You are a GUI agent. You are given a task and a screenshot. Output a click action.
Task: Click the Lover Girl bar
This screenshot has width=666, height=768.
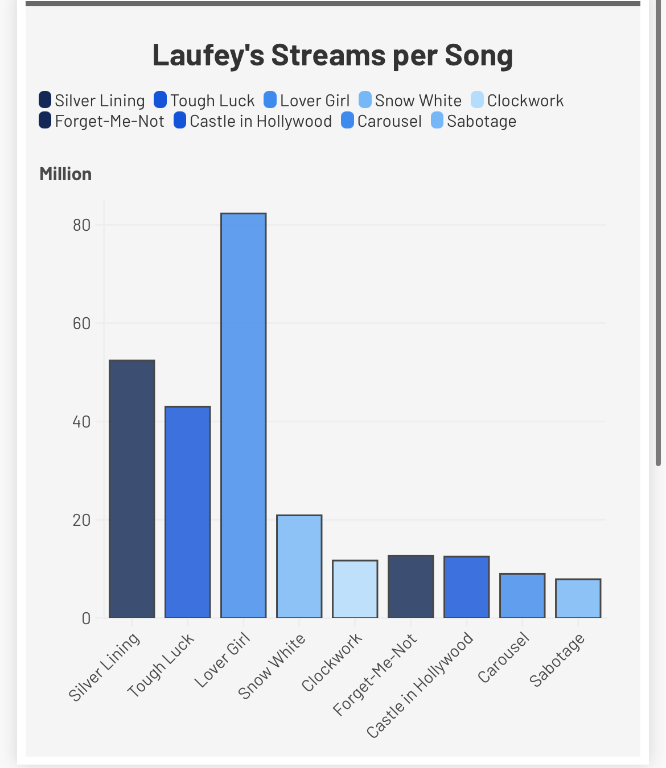pyautogui.click(x=243, y=416)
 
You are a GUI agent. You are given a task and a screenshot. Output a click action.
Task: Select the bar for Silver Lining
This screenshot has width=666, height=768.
pyautogui.click(x=131, y=489)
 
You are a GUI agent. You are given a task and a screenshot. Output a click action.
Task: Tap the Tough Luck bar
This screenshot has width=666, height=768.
pyautogui.click(x=187, y=512)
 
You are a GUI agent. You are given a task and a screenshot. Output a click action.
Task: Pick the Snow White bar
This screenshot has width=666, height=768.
pyautogui.click(x=299, y=566)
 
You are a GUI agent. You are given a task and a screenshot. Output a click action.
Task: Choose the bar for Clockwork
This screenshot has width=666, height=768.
pyautogui.click(x=355, y=589)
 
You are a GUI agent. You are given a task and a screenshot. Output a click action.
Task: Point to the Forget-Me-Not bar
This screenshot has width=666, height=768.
pyautogui.click(x=410, y=586)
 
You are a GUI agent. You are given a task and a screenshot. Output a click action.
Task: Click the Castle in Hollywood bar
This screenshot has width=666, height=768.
pyautogui.click(x=466, y=587)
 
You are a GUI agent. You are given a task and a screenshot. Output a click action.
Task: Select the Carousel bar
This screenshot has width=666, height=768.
pyautogui.click(x=522, y=595)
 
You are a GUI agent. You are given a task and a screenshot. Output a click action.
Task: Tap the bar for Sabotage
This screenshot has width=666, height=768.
pyautogui.click(x=578, y=598)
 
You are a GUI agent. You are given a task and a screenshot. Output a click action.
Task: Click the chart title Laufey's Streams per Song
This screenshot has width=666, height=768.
pyautogui.click(x=332, y=55)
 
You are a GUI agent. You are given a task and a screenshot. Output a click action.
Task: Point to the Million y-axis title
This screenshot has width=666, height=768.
pyautogui.click(x=65, y=174)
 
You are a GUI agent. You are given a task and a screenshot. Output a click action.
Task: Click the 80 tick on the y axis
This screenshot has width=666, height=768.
pyautogui.click(x=81, y=225)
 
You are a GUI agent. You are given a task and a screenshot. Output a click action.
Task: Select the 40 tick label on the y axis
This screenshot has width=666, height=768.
pyautogui.click(x=81, y=422)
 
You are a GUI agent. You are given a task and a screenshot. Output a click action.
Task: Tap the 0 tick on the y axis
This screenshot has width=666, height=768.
pyautogui.click(x=86, y=618)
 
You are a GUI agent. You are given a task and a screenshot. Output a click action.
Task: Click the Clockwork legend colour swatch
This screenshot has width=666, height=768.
pyautogui.click(x=477, y=100)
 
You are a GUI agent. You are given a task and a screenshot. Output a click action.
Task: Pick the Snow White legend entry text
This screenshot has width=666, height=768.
pyautogui.click(x=418, y=101)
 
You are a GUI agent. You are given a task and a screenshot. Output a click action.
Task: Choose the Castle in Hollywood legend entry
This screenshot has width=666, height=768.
pyautogui.click(x=260, y=121)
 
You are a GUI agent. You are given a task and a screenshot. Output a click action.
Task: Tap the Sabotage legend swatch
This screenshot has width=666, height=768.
pyautogui.click(x=437, y=121)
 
